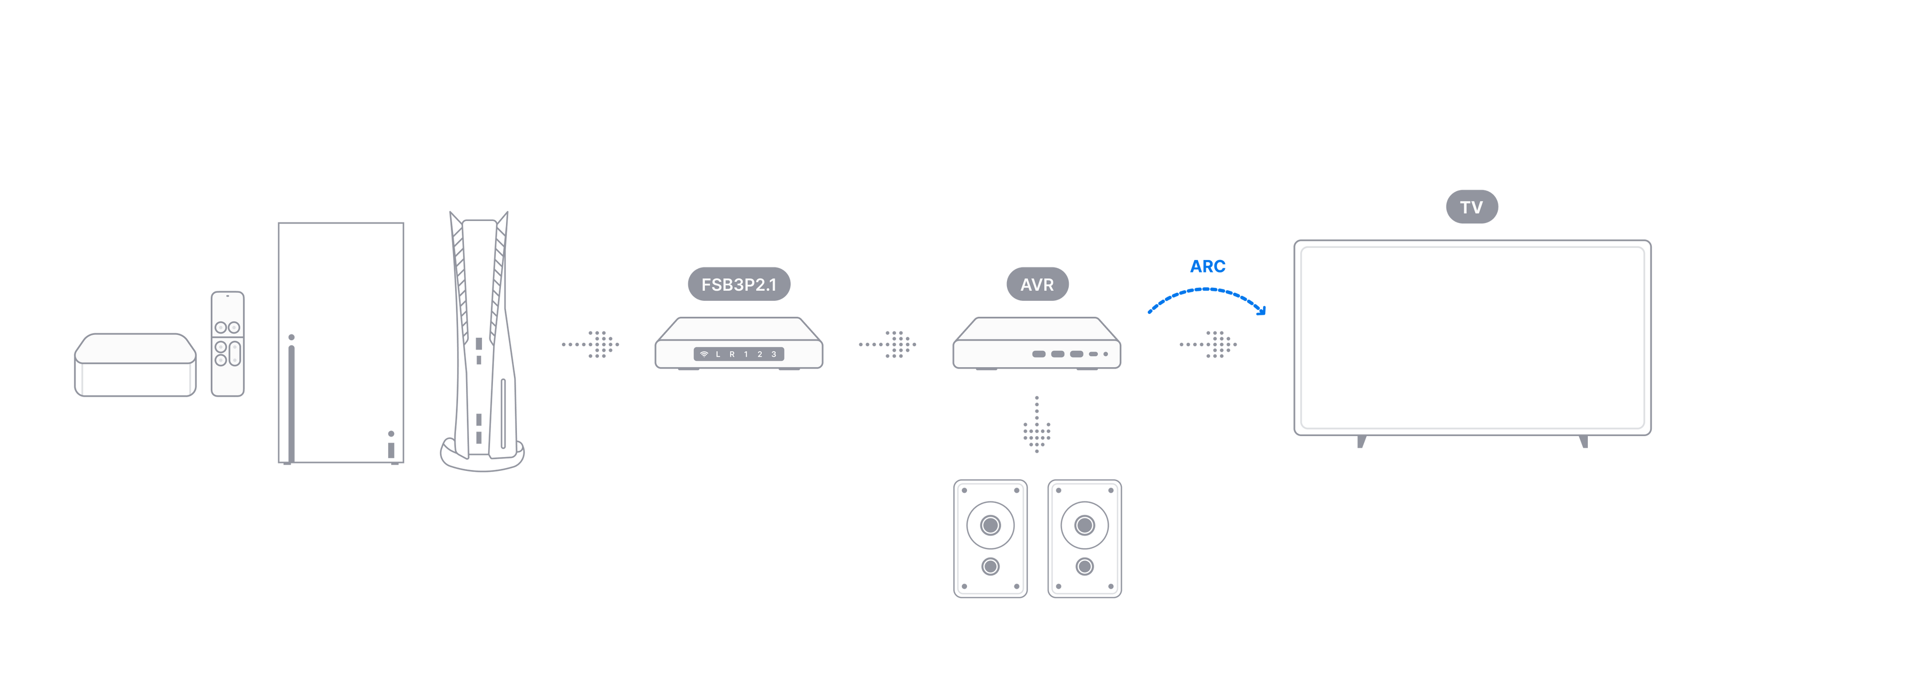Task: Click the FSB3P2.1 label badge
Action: [739, 284]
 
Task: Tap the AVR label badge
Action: [1037, 284]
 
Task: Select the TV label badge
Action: [1471, 207]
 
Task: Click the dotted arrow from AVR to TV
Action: [1208, 344]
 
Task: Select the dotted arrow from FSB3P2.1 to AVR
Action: [888, 344]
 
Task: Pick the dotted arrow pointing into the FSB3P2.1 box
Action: [590, 344]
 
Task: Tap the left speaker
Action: [990, 538]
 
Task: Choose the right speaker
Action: [1084, 538]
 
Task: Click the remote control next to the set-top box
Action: [227, 344]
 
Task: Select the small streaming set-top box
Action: [135, 365]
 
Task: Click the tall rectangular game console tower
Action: [341, 343]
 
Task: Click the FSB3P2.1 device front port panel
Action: [739, 354]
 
